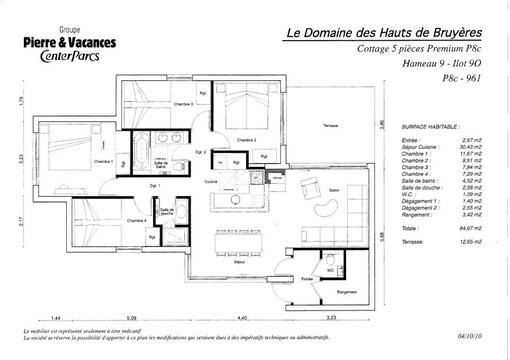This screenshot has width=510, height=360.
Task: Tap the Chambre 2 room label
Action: (246, 140)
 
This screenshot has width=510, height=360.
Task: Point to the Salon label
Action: (334, 190)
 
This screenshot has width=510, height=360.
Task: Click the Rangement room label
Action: (347, 292)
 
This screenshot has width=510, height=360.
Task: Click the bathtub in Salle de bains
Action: (141, 154)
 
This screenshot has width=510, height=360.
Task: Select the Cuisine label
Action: (211, 182)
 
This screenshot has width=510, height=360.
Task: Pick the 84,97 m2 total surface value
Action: (470, 229)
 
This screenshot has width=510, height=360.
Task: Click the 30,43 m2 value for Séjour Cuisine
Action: (470, 147)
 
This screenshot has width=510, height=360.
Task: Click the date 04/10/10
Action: (470, 336)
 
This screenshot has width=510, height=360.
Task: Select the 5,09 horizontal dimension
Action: (132, 318)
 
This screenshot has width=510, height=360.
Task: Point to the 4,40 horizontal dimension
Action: (242, 318)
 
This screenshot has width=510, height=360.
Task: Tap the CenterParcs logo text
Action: (70, 56)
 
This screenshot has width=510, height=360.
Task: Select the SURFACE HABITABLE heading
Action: (430, 126)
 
